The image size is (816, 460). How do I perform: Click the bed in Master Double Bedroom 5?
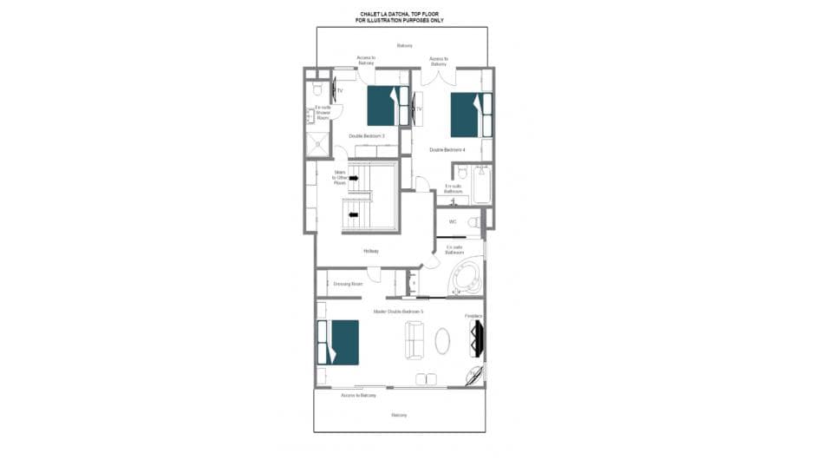tap(338, 342)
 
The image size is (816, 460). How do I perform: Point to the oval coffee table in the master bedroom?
tap(442, 340)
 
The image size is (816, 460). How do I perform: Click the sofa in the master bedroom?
tap(415, 340)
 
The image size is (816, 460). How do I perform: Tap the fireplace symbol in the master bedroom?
tap(476, 338)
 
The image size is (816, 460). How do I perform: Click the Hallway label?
tap(371, 252)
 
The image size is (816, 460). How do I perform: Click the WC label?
tap(452, 222)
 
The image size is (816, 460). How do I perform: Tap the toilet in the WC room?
tap(473, 223)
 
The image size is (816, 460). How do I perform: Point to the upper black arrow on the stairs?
tap(353, 178)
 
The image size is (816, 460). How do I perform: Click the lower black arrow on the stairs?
tap(353, 214)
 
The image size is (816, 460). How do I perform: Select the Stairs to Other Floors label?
tap(340, 178)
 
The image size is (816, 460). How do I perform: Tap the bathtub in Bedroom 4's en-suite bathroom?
tap(481, 185)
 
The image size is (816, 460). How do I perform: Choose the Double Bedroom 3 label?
tap(367, 136)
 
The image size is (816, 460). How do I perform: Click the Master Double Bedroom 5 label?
tap(398, 311)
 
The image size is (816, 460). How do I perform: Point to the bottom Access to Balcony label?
tap(358, 395)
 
